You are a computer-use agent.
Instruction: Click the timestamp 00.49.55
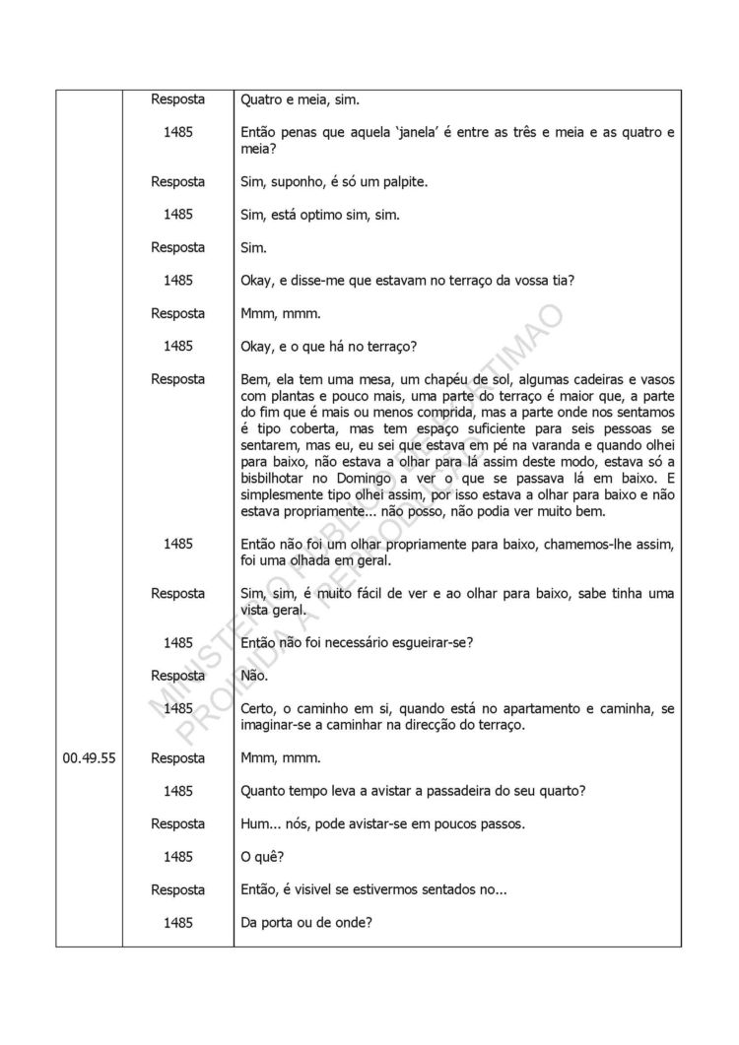[90, 758]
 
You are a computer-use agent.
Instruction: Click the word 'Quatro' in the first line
[262, 99]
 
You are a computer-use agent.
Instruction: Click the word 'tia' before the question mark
[559, 281]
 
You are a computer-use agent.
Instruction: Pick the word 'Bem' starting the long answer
[254, 379]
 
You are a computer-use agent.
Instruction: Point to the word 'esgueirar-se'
[431, 643]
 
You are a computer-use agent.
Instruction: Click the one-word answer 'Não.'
[254, 677]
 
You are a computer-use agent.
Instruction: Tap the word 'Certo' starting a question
[260, 709]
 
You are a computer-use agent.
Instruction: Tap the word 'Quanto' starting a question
[264, 792]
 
